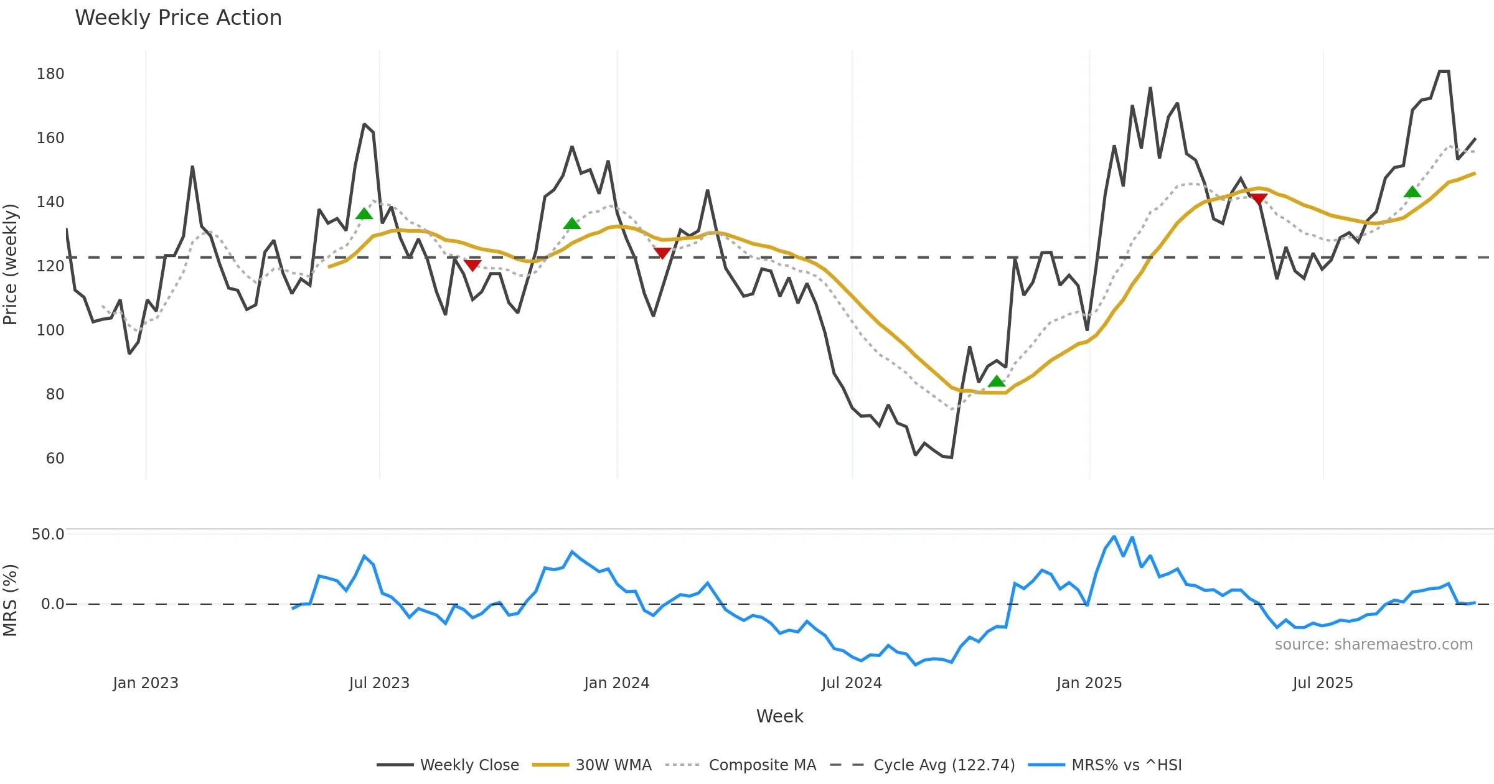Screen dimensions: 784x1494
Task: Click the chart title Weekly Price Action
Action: pos(178,18)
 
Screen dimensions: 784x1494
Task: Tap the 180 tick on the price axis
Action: pos(50,74)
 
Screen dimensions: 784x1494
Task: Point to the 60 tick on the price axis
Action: pos(55,459)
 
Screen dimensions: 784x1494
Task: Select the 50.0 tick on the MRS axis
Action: pos(48,534)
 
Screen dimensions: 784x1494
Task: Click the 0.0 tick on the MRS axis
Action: pos(52,604)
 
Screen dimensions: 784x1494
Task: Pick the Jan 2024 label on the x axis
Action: pos(616,683)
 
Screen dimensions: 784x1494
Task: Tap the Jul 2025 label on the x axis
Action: pos(1323,683)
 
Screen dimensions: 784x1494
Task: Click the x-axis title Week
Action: pos(779,717)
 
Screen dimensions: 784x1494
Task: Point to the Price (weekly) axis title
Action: pos(11,264)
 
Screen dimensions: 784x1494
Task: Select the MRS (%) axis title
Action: pos(11,600)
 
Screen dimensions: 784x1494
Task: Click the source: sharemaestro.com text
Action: pos(1373,645)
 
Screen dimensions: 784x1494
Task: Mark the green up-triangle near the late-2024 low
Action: pos(997,381)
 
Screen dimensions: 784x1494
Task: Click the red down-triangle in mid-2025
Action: pos(1259,199)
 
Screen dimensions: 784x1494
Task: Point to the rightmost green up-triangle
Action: pos(1412,192)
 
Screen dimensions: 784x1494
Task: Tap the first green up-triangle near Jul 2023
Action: pos(364,214)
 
